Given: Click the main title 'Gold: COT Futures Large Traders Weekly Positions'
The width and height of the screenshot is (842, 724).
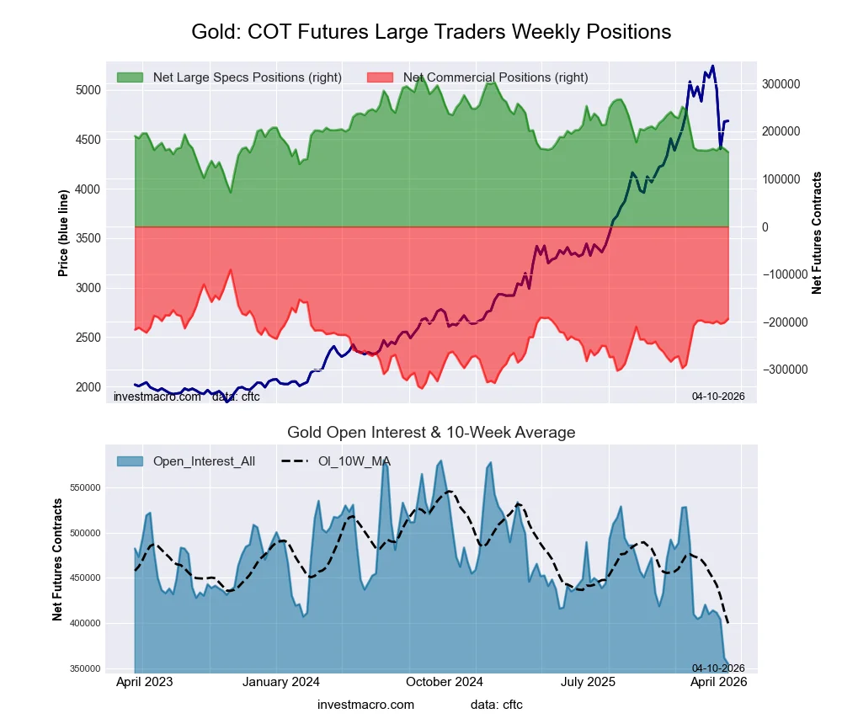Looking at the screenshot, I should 431,32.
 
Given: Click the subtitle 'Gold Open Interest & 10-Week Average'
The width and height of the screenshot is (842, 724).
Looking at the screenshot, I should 431,433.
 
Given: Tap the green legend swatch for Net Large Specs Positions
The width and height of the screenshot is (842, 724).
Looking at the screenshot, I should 130,77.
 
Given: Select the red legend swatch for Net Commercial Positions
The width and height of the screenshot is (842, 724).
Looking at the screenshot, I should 381,77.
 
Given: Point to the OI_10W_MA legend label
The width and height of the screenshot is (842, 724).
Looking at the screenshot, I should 354,460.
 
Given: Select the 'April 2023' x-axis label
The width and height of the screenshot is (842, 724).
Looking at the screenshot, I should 144,683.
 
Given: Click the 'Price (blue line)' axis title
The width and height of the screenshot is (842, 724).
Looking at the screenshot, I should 63,234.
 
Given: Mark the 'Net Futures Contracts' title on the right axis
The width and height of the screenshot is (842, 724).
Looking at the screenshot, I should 817,232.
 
